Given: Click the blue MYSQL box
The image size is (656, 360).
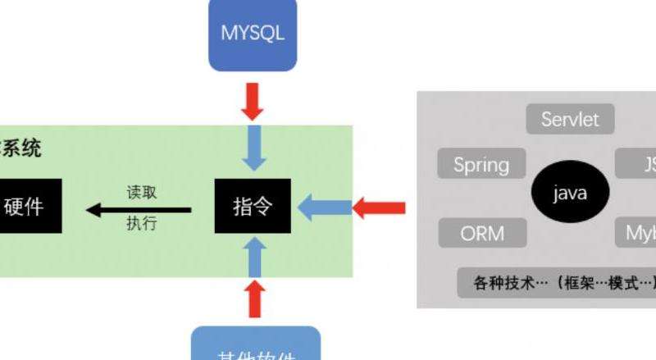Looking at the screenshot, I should pyautogui.click(x=252, y=34).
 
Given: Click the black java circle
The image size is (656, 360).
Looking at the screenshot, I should pyautogui.click(x=570, y=194).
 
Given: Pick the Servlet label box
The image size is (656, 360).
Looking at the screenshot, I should pyautogui.click(x=570, y=120).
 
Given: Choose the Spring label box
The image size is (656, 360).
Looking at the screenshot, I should pyautogui.click(x=481, y=164).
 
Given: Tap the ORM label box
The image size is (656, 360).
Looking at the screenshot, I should pyautogui.click(x=481, y=233).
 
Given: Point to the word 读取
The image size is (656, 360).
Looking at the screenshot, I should pyautogui.click(x=141, y=192).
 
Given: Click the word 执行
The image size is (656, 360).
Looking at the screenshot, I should pyautogui.click(x=141, y=222).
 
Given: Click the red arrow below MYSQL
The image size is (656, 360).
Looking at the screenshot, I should pyautogui.click(x=253, y=101).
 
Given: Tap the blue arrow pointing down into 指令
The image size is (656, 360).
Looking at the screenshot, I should pyautogui.click(x=253, y=148).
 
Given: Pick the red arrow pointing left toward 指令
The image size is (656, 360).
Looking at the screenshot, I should pyautogui.click(x=379, y=207).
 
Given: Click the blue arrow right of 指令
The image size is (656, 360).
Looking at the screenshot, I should pyautogui.click(x=323, y=207).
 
